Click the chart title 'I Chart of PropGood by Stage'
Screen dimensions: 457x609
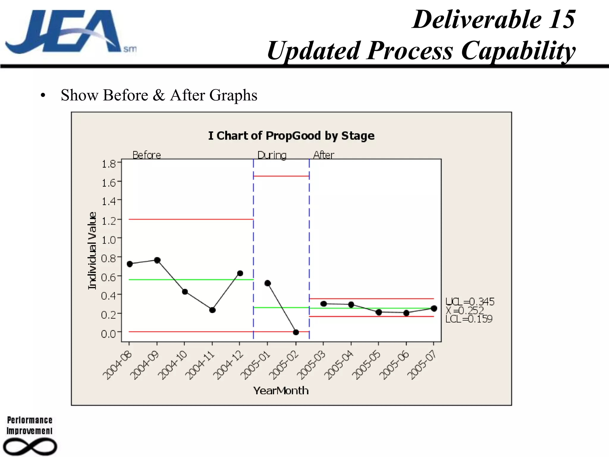pyautogui.click(x=291, y=136)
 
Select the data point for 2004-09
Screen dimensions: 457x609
pyautogui.click(x=157, y=260)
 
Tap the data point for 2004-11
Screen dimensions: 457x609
pyautogui.click(x=212, y=310)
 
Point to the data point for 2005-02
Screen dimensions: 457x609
pyautogui.click(x=296, y=332)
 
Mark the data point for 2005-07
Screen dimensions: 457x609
pyautogui.click(x=434, y=309)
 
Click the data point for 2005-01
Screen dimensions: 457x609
pyautogui.click(x=268, y=283)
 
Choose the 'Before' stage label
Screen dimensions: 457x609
pyautogui.click(x=147, y=155)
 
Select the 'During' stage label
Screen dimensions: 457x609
pyautogui.click(x=272, y=155)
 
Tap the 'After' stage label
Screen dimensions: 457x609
pyautogui.click(x=324, y=155)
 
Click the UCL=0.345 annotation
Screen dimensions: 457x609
pyautogui.click(x=470, y=302)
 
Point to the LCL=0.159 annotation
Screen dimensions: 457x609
pyautogui.click(x=469, y=319)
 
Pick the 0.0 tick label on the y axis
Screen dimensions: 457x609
pyautogui.click(x=109, y=334)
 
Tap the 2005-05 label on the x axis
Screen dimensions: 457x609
pyautogui.click(x=368, y=365)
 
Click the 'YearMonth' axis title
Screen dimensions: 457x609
pyautogui.click(x=281, y=391)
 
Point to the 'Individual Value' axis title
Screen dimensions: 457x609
pyautogui.click(x=92, y=251)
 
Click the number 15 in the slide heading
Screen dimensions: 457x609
pyautogui.click(x=561, y=20)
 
